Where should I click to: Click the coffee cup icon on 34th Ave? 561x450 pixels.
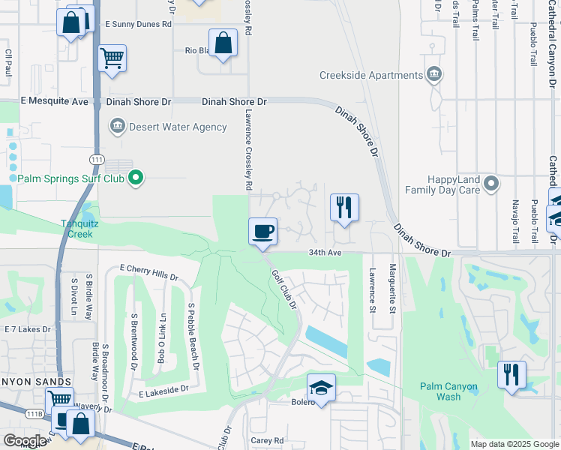[x=262, y=231]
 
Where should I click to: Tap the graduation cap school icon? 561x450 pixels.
[x=321, y=387]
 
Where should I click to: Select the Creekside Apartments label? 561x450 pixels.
[x=371, y=76]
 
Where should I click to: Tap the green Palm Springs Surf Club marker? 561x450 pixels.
[x=136, y=178]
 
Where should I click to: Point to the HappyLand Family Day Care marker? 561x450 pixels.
[x=491, y=183]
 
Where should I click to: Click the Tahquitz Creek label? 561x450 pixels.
[x=76, y=228]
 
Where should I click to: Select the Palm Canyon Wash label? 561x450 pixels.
[x=448, y=391]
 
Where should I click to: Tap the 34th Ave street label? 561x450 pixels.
[x=325, y=253]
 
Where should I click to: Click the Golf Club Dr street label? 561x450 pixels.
[x=284, y=291]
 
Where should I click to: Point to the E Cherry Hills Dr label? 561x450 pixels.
[x=149, y=272]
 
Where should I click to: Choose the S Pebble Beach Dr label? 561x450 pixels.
[x=193, y=337]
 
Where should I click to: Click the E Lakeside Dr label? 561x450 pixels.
[x=163, y=391]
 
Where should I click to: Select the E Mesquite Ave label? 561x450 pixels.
[x=44, y=101]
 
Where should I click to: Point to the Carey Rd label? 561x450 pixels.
[x=267, y=441]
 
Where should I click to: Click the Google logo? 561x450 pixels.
[x=25, y=441]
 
